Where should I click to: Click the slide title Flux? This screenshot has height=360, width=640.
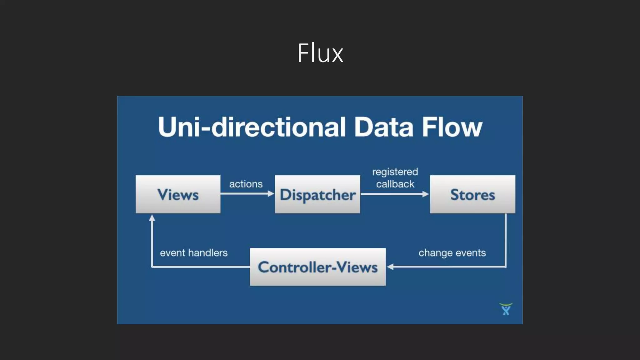click(320, 53)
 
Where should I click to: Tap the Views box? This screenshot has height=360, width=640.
click(178, 194)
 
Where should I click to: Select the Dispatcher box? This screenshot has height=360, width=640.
click(317, 194)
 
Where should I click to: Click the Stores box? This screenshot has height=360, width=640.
click(472, 194)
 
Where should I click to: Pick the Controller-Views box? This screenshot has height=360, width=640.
click(317, 267)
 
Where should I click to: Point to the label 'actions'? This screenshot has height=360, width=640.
click(246, 184)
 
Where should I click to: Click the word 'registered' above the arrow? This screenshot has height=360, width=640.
click(395, 172)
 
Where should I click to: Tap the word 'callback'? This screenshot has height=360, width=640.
click(395, 184)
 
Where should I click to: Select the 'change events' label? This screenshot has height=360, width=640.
click(452, 253)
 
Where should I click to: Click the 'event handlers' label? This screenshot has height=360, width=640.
click(194, 253)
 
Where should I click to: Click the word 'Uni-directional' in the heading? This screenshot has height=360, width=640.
click(252, 127)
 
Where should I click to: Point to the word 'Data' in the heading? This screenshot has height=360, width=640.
click(383, 127)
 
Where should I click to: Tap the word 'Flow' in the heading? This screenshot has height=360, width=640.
click(452, 127)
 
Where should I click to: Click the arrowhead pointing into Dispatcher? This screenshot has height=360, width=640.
click(271, 194)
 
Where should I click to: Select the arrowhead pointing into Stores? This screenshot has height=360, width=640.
click(426, 194)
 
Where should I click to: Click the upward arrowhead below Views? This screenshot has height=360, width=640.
click(152, 218)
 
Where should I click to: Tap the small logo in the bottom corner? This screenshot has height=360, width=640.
click(506, 309)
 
